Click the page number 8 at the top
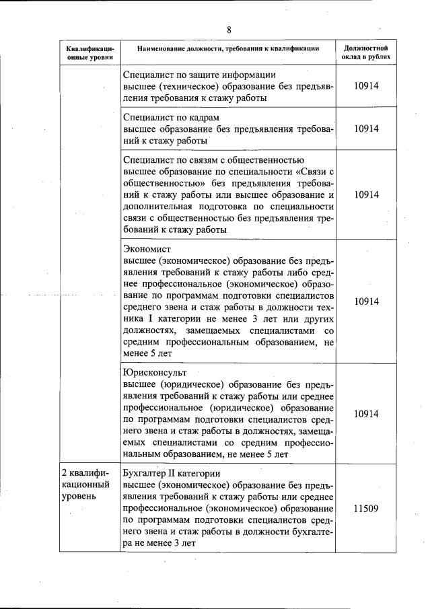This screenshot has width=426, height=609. coord(229,30)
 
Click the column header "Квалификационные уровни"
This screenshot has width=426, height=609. coord(90,53)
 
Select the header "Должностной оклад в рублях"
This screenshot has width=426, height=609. coord(365,53)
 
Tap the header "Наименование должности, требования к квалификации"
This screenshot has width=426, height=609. coord(227,48)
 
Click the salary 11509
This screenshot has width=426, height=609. coord(365,509)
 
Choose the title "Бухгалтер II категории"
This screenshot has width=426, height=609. coord(172,473)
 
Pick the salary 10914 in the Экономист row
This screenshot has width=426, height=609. coord(365,301)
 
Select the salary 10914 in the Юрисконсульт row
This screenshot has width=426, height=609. coord(365,413)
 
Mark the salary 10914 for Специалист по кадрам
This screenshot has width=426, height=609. coord(365,129)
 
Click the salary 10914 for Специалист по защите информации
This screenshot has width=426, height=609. coord(365,86)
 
